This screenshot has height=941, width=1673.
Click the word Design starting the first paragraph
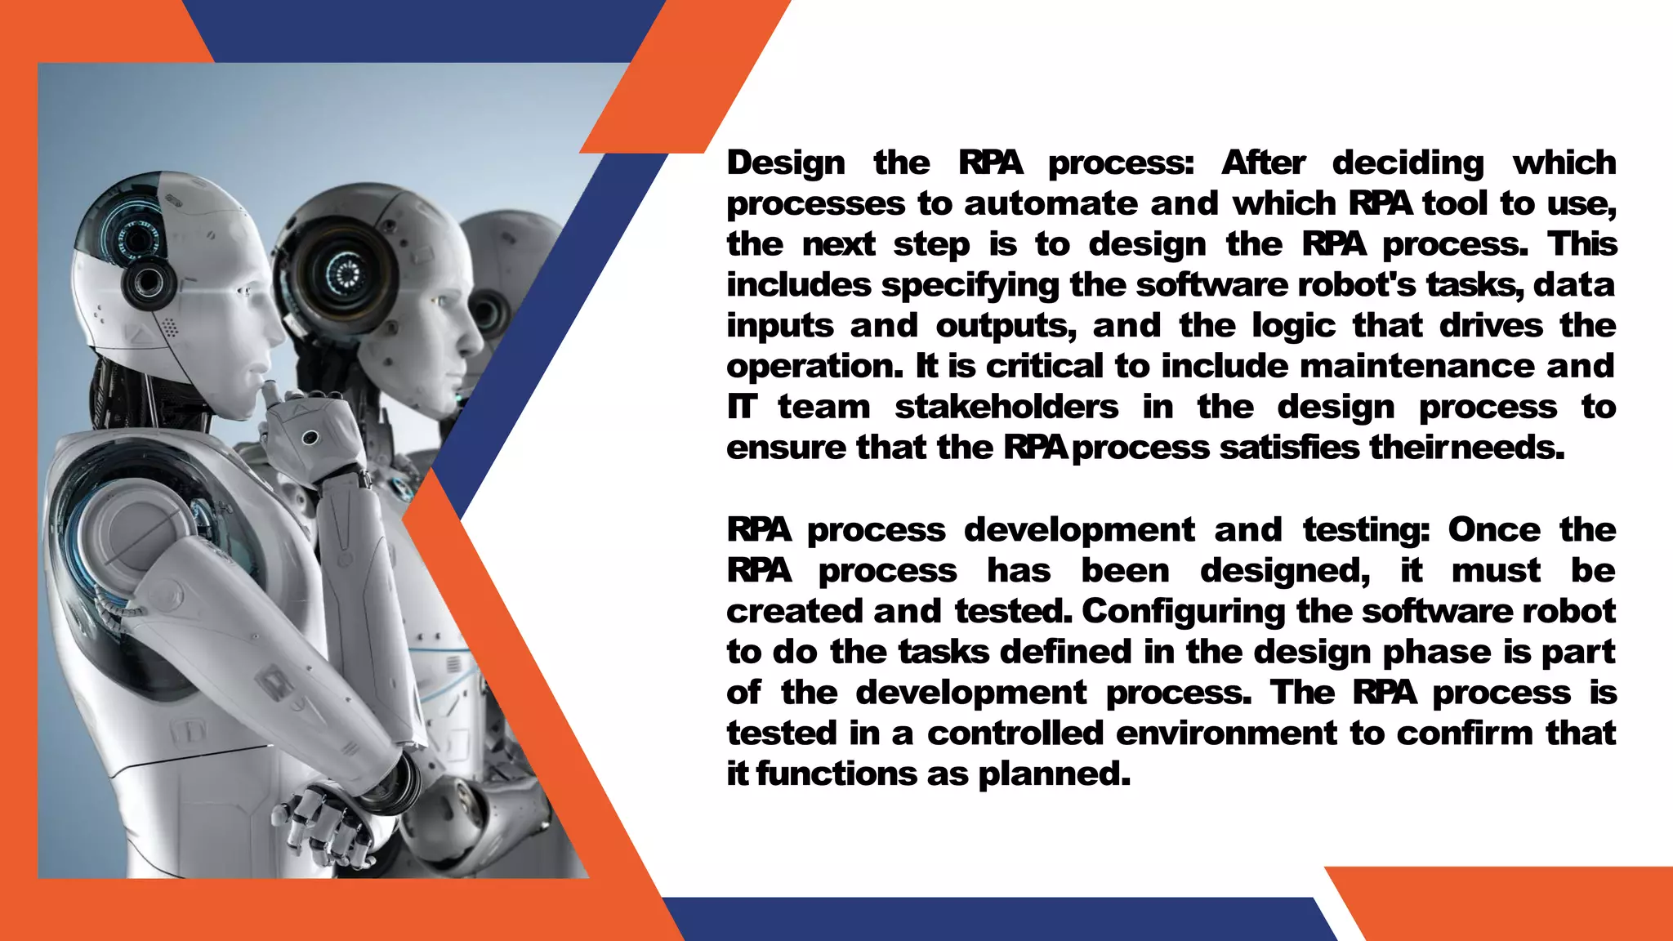click(786, 163)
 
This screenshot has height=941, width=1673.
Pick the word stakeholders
click(1006, 407)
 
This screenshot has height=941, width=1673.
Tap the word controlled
click(1015, 733)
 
